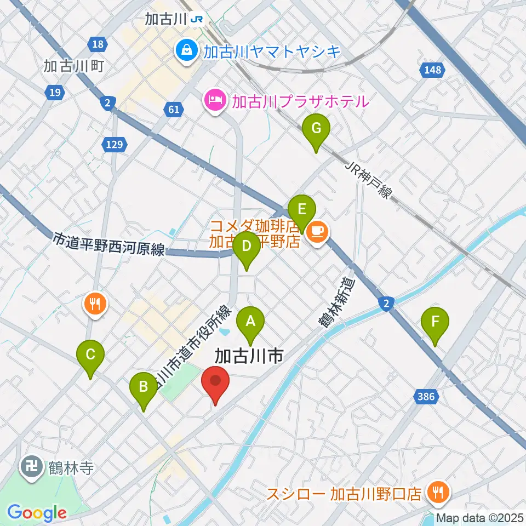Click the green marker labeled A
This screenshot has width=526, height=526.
(x=250, y=321)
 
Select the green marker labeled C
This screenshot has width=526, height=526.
(x=90, y=355)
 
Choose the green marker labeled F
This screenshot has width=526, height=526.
(x=435, y=322)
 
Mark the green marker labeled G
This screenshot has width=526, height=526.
(x=316, y=129)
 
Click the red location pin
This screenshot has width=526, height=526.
(x=215, y=381)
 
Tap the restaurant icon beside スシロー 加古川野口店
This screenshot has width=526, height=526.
(x=438, y=493)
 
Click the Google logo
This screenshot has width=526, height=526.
(x=37, y=513)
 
